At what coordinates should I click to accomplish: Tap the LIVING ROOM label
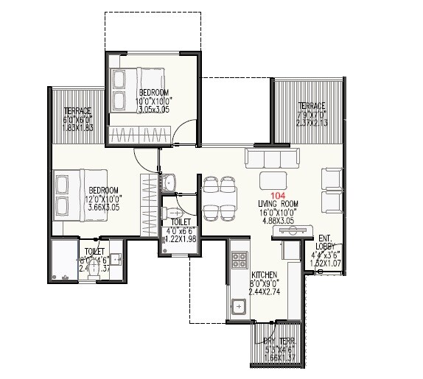(x=278, y=203)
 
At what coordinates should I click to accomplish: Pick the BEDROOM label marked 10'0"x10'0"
(x=155, y=92)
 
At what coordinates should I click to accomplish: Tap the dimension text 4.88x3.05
(x=278, y=220)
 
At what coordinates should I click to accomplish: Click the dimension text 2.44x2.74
(x=265, y=291)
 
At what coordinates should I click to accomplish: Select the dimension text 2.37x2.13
(x=312, y=122)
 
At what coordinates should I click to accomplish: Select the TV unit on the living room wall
(x=294, y=232)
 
